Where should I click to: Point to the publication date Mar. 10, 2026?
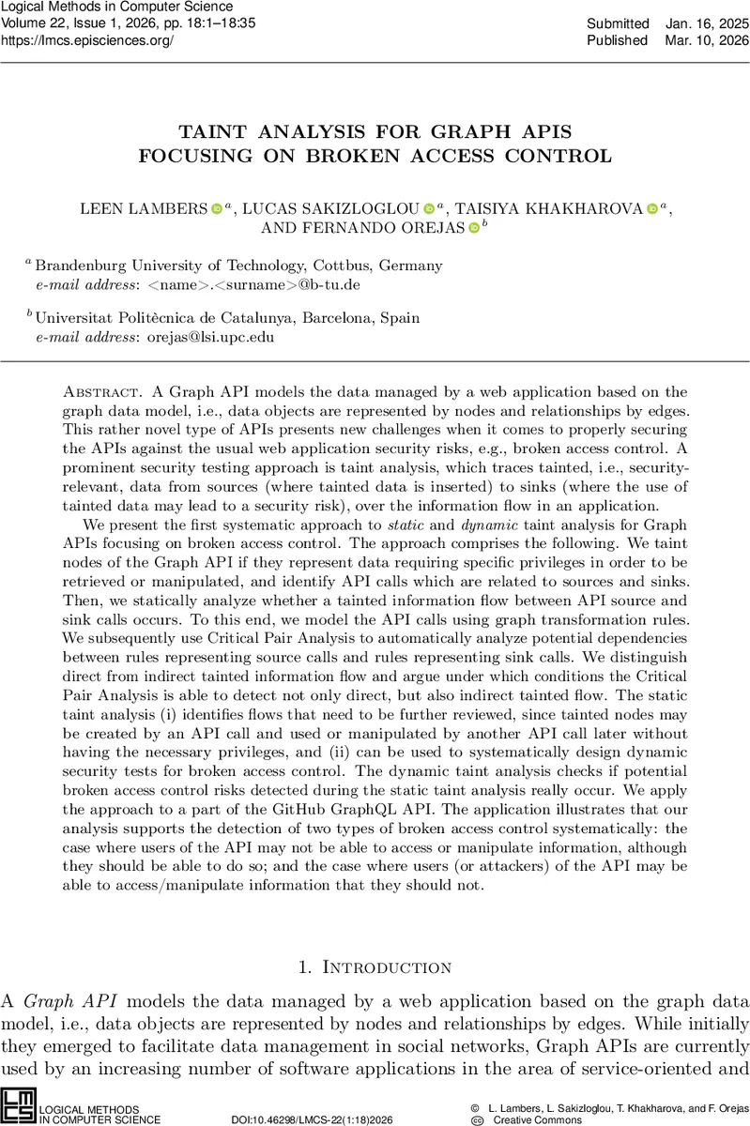(x=709, y=40)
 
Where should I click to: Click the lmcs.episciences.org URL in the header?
(x=87, y=41)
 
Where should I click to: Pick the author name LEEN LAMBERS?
(x=142, y=207)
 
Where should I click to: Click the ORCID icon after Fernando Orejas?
(x=473, y=228)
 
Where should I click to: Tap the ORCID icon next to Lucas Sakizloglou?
(x=429, y=208)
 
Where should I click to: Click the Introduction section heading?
(x=387, y=967)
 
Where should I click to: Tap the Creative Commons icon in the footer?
(x=476, y=1119)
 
